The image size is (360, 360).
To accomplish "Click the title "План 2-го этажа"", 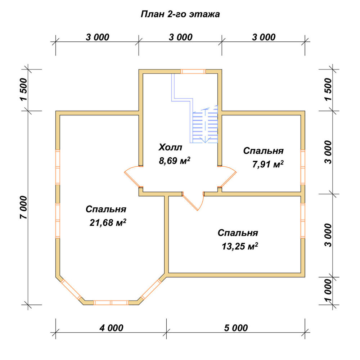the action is click(180, 14).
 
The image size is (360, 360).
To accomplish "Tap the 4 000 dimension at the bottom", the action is click(111, 328).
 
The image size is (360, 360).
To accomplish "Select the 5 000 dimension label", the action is click(236, 328).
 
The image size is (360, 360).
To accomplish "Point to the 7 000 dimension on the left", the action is click(24, 208).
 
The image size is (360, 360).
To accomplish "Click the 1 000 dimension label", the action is click(328, 291).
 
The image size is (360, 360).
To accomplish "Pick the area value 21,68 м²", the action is click(108, 222).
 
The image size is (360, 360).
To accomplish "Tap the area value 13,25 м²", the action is click(240, 246).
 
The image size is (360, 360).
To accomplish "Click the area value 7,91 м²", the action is click(268, 164).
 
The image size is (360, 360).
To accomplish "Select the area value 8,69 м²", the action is click(175, 161).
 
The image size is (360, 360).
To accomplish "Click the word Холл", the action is click(170, 147).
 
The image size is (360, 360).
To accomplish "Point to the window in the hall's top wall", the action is click(193, 71).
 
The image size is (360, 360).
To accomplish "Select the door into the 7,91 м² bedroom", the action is click(227, 176).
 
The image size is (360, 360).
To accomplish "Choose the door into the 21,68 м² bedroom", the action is click(134, 176).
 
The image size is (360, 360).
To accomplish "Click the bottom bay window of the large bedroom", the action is click(111, 303).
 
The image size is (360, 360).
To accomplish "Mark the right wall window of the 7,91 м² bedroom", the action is click(303, 167).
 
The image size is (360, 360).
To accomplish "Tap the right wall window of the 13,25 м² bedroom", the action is click(303, 221).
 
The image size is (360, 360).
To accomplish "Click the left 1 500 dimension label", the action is click(24, 90).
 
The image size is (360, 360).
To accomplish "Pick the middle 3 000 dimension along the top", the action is click(180, 37).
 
